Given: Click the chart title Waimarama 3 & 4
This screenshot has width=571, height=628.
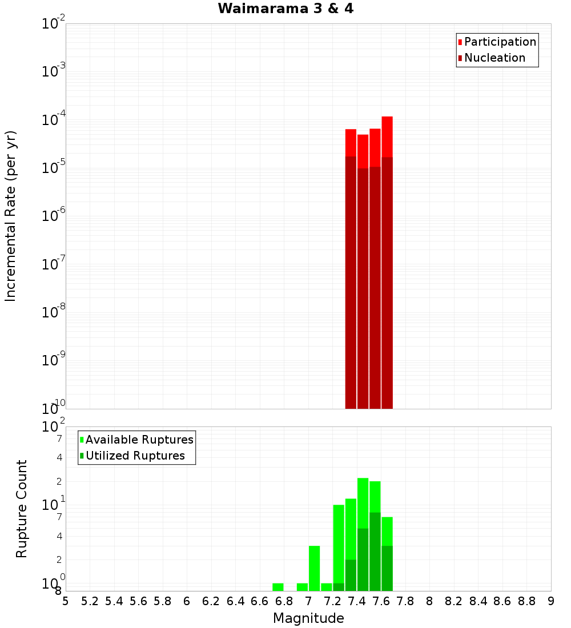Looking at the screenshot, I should pyautogui.click(x=285, y=9).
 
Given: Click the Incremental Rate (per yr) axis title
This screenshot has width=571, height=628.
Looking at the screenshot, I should pyautogui.click(x=10, y=216).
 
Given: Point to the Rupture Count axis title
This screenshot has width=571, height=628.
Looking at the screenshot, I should pyautogui.click(x=22, y=509).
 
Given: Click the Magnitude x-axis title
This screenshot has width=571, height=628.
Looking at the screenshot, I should pyautogui.click(x=308, y=618).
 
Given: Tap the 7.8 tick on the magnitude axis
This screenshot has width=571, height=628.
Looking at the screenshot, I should pyautogui.click(x=405, y=601).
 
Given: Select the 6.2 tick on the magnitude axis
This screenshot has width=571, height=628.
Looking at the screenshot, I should pyautogui.click(x=211, y=601).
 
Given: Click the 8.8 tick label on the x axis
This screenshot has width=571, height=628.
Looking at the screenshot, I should pyautogui.click(x=526, y=601).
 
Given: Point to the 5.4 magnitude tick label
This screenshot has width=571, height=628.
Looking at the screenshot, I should pyautogui.click(x=114, y=601).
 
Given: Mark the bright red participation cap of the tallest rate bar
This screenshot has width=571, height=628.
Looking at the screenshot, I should pyautogui.click(x=387, y=136).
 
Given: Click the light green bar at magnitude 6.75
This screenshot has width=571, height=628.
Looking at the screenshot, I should pyautogui.click(x=278, y=587).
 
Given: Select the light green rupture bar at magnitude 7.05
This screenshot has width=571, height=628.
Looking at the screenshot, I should pyautogui.click(x=314, y=568).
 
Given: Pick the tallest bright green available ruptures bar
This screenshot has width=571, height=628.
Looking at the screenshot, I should pyautogui.click(x=363, y=502).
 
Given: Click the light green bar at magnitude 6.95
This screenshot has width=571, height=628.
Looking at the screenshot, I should pyautogui.click(x=302, y=587).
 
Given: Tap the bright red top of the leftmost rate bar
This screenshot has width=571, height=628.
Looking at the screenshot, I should pyautogui.click(x=351, y=142).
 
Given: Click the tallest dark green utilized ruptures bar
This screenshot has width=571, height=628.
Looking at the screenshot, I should pyautogui.click(x=375, y=551).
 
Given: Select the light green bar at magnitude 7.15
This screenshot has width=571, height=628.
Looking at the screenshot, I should pyautogui.click(x=327, y=587).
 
